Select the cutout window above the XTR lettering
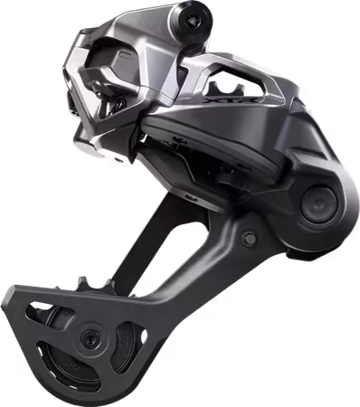(238, 86)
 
